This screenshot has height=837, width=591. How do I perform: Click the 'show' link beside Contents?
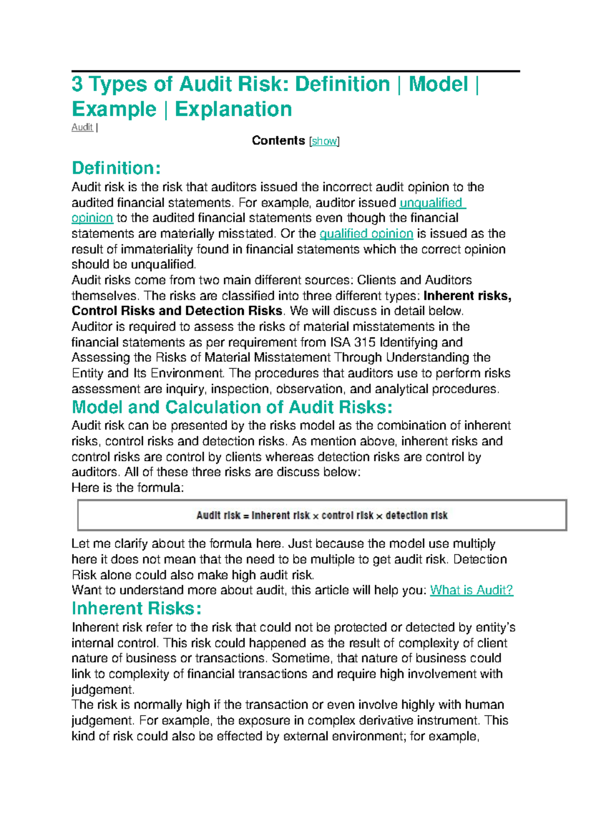pyautogui.click(x=325, y=141)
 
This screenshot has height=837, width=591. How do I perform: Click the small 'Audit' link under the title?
pyautogui.click(x=82, y=127)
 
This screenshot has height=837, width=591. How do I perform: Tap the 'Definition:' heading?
pyautogui.click(x=116, y=168)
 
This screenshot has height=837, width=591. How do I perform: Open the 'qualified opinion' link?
pyautogui.click(x=366, y=234)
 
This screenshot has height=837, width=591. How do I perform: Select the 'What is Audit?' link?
pyautogui.click(x=471, y=590)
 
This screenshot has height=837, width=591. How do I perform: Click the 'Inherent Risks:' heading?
pyautogui.click(x=136, y=608)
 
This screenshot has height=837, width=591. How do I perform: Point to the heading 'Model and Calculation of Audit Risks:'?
pyautogui.click(x=232, y=407)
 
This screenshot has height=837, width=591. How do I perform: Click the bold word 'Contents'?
pyautogui.click(x=278, y=141)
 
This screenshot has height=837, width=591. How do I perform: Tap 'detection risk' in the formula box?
pyautogui.click(x=416, y=516)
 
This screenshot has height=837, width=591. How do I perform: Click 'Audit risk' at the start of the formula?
pyautogui.click(x=218, y=516)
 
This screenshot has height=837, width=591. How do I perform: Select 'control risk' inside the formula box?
pyautogui.click(x=347, y=516)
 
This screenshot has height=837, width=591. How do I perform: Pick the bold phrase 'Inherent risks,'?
pyautogui.click(x=467, y=296)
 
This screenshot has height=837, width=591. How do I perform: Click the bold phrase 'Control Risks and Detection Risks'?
pyautogui.click(x=177, y=311)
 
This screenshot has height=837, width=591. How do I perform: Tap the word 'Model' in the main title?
pyautogui.click(x=438, y=84)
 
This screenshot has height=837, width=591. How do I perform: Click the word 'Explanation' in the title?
pyautogui.click(x=233, y=109)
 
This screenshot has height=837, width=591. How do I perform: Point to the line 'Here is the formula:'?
pyautogui.click(x=128, y=488)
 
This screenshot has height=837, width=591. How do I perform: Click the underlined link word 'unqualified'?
pyautogui.click(x=431, y=203)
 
